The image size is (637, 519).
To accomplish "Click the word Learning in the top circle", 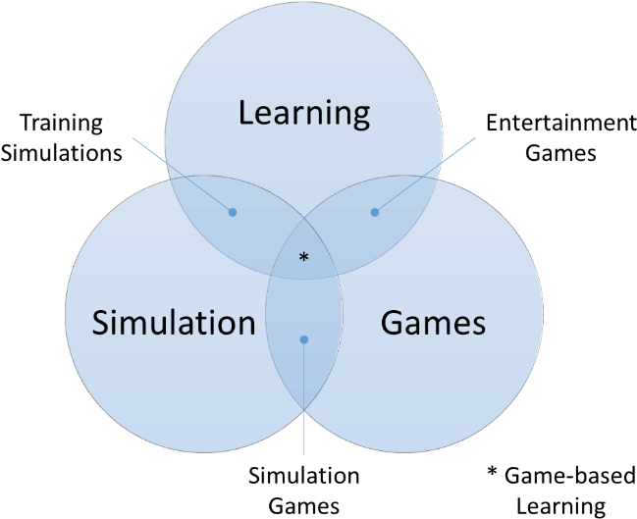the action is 304,114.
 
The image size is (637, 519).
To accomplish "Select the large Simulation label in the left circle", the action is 174,323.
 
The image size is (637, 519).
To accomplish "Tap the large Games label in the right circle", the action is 433,323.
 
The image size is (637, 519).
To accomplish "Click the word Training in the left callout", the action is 61,124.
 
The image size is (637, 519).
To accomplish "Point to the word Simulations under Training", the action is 61,153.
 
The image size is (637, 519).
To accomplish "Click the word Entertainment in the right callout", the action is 561,123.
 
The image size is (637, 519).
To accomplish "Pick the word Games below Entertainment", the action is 560,153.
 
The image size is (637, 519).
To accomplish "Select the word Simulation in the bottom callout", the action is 304,476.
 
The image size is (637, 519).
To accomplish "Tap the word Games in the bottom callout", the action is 304,506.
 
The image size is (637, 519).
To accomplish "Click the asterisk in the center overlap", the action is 304,257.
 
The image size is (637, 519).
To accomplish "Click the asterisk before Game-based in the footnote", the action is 493,472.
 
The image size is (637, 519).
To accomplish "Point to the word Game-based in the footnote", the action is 570,476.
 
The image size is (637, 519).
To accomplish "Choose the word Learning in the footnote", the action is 560,507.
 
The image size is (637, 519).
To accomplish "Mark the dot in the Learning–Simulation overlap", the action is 233,212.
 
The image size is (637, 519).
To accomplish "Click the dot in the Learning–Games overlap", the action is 375,212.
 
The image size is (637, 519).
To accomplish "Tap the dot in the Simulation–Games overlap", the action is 304,339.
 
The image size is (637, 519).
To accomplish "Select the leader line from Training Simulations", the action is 183,175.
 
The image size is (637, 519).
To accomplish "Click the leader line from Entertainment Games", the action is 425,175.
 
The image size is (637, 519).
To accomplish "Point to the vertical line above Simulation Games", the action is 304,396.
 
